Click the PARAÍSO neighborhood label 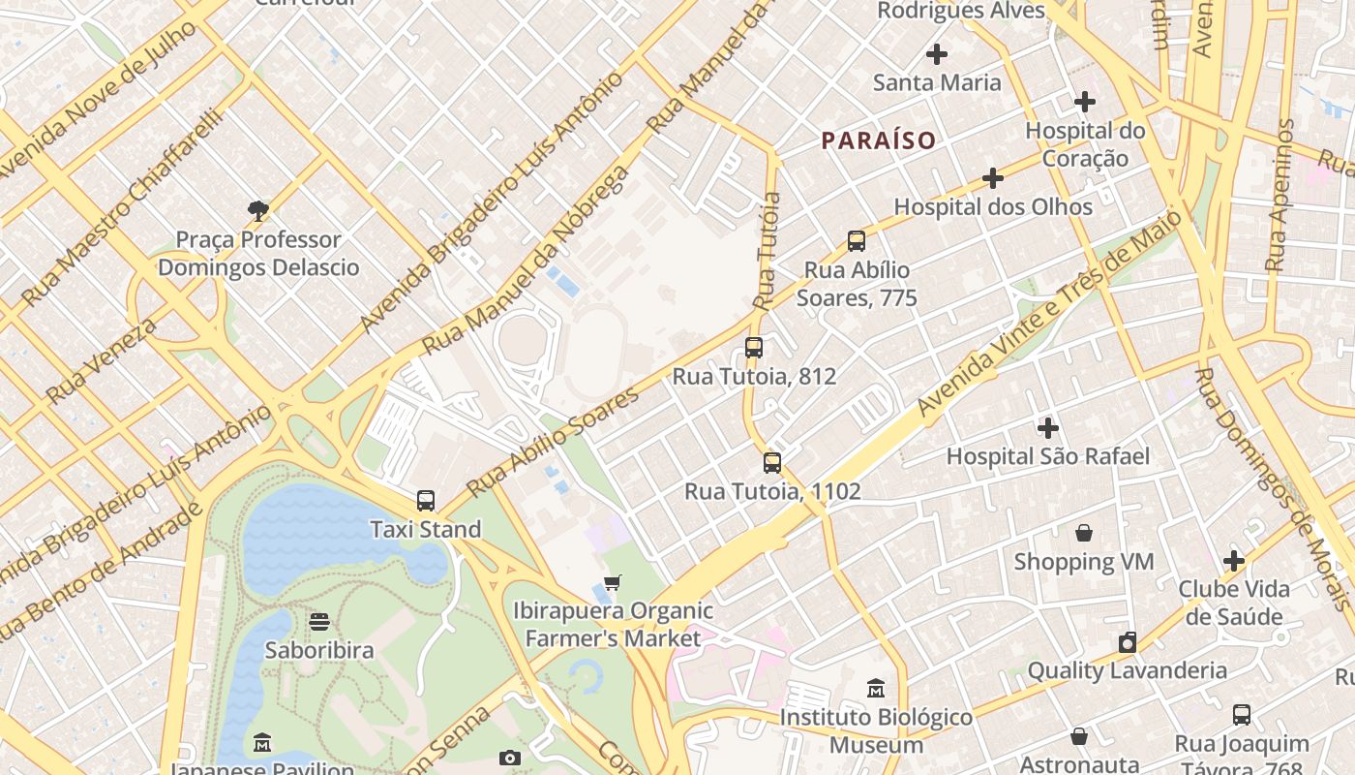(x=879, y=140)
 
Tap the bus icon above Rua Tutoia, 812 (x=754, y=348)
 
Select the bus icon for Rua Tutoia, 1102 (x=771, y=463)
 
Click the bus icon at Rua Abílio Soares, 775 (x=856, y=241)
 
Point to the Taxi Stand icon (x=426, y=501)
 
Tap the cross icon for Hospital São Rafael (x=1047, y=427)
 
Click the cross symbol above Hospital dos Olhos (x=992, y=178)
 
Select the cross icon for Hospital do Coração (x=1084, y=101)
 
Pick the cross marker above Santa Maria (x=936, y=54)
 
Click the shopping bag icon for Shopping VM (x=1083, y=533)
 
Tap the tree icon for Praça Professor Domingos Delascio (x=257, y=210)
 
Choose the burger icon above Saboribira (x=318, y=621)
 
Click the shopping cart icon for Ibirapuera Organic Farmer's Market (x=612, y=583)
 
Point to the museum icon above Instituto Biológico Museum (x=876, y=688)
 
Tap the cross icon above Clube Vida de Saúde (x=1233, y=560)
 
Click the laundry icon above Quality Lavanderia (x=1127, y=642)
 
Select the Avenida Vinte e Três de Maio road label (x=1049, y=314)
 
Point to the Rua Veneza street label (x=101, y=360)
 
